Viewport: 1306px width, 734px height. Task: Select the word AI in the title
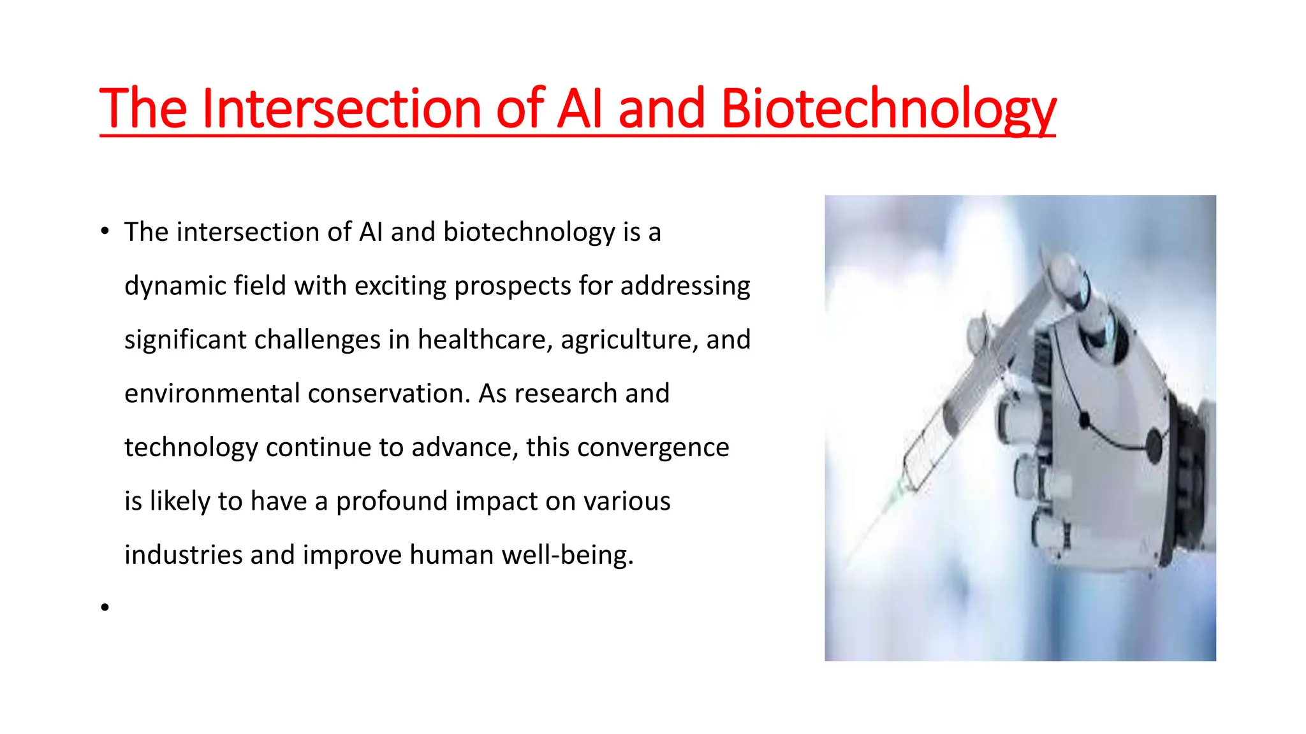(x=579, y=109)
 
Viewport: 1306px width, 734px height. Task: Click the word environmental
(x=212, y=394)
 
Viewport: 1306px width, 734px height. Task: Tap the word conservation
(x=389, y=394)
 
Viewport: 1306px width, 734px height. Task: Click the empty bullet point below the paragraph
(x=105, y=608)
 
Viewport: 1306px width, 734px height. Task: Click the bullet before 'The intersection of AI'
(x=105, y=232)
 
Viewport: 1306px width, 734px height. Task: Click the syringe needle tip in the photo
(x=851, y=561)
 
